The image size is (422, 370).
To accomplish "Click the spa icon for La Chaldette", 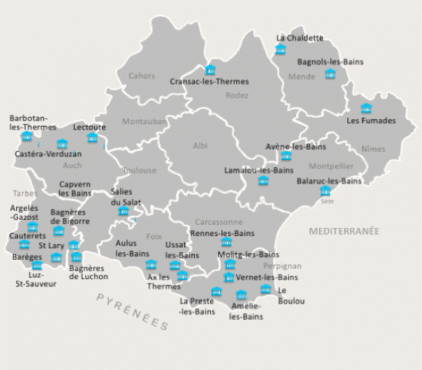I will pyautogui.click(x=280, y=50).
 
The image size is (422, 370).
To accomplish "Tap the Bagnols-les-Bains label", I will pyautogui.click(x=330, y=62).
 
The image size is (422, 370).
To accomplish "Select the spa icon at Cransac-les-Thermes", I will pyautogui.click(x=210, y=70).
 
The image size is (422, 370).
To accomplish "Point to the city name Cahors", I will pyautogui.click(x=141, y=75).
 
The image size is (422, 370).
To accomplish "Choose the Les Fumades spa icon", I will pyautogui.click(x=366, y=109).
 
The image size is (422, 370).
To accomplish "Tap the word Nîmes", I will pyautogui.click(x=374, y=149).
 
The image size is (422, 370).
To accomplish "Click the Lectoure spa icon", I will pyautogui.click(x=93, y=138).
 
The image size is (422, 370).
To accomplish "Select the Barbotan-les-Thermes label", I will pyautogui.click(x=28, y=122).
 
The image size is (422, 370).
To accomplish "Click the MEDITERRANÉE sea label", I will pyautogui.click(x=344, y=232).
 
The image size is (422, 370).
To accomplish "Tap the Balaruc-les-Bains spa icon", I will pyautogui.click(x=325, y=191).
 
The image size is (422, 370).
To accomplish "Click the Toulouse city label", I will pyautogui.click(x=140, y=170).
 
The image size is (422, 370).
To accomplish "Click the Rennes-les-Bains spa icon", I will pyautogui.click(x=226, y=242).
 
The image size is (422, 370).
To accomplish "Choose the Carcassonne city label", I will pyautogui.click(x=218, y=221).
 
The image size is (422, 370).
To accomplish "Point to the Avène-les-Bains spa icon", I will pyautogui.click(x=286, y=156).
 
